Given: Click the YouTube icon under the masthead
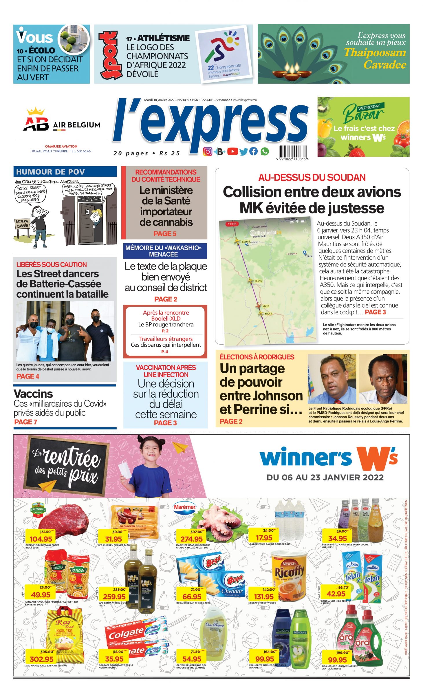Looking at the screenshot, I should (232, 151).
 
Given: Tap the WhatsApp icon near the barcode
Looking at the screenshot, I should (265, 151).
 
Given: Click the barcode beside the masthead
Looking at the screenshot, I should (292, 151).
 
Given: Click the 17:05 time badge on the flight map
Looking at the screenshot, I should (232, 224).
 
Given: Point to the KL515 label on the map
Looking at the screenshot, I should (258, 281).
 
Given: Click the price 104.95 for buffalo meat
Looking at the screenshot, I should (41, 539).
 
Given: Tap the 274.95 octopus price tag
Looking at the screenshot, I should (192, 539).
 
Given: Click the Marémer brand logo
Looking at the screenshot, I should (185, 507).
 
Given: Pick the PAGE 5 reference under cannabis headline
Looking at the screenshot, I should (165, 234).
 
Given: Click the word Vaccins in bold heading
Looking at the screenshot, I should (33, 394).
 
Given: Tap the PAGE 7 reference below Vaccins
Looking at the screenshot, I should (26, 422).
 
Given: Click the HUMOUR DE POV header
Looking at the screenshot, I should (50, 172).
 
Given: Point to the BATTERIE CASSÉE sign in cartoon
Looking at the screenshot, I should (22, 223).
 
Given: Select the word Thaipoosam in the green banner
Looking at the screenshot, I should (375, 52).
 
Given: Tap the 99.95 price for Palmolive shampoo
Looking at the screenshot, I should (264, 659).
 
